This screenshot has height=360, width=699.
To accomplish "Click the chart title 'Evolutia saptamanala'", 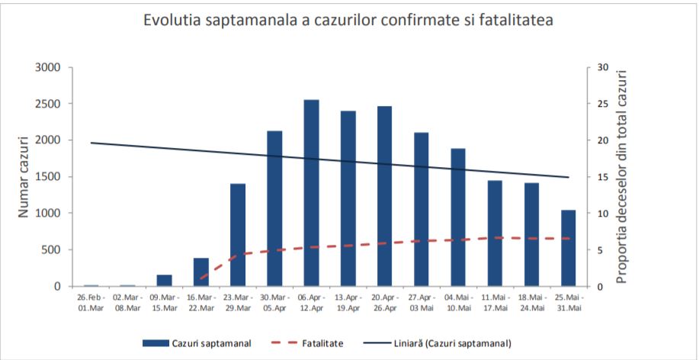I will tap(348, 21).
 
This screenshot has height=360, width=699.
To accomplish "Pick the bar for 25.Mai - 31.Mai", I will tap(569, 248).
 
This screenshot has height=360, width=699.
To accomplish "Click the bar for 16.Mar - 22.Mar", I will tap(201, 272).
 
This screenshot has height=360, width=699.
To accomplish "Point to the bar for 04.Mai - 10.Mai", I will tap(458, 217).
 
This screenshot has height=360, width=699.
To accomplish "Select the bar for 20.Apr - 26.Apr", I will tap(385, 196).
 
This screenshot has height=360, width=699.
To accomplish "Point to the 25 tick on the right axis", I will tap(602, 104).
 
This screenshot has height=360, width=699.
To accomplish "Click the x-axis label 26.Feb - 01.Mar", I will tap(91, 303).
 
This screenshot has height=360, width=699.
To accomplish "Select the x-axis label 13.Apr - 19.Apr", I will tap(348, 303).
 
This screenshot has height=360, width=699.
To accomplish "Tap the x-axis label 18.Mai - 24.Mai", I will tap(532, 303).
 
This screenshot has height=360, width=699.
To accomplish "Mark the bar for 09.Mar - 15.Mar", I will tap(165, 281).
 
